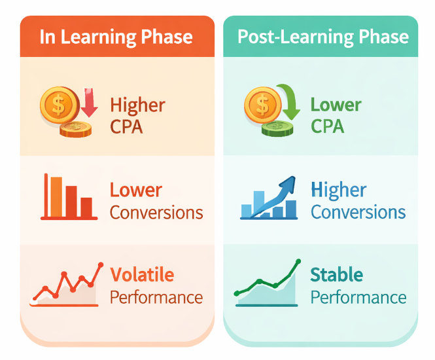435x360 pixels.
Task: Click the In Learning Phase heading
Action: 116,36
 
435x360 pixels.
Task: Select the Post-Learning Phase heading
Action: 322,36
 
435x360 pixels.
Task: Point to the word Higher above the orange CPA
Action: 137,105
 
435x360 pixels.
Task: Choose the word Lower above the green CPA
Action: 336,105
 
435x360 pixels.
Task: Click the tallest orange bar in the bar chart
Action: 56,196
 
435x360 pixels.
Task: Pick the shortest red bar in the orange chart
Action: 86,207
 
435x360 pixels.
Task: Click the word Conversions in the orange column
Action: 156,213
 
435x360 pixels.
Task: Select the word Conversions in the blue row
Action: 358,213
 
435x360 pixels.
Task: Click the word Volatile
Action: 142,274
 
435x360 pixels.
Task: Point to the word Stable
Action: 336,274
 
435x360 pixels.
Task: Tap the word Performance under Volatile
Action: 156,297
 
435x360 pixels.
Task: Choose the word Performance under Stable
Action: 358,297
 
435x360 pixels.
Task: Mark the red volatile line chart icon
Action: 67,285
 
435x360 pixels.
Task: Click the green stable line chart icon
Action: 267,285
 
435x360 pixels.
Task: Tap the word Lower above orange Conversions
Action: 135,190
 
